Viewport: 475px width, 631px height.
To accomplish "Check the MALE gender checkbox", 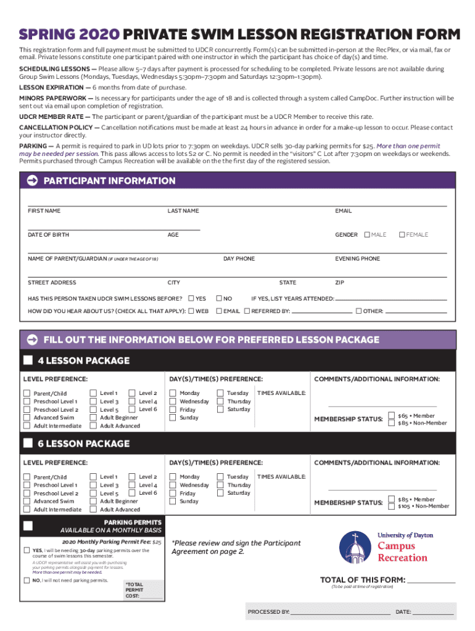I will tap(367, 235).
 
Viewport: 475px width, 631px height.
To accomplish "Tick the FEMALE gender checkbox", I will tap(402, 235).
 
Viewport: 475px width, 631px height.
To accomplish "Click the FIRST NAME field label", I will tap(44, 211).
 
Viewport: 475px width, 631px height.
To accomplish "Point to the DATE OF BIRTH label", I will tap(48, 235).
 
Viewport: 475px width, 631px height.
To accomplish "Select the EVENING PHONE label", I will tap(357, 259).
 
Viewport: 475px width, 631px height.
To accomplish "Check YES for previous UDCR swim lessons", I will tap(191, 298).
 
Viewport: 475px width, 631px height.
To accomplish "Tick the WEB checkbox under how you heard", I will tap(191, 311).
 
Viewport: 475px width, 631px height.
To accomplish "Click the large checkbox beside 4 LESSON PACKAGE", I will tap(28, 360).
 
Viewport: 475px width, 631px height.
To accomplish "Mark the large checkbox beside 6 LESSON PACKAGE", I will tap(28, 444).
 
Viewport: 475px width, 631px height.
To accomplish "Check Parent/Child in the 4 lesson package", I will tap(27, 393).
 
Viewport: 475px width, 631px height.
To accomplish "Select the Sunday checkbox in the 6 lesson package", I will tap(173, 501).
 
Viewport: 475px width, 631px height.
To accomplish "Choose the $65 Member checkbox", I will tap(392, 416).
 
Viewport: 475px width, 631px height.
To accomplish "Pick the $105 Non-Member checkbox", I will tap(392, 507).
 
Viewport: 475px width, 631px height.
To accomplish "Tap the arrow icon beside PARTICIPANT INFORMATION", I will tap(32, 181).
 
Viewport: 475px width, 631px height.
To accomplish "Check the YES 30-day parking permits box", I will tap(27, 550).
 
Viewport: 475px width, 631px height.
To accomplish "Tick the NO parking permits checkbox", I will tap(27, 580).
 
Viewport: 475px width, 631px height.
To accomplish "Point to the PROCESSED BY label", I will tap(268, 612).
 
